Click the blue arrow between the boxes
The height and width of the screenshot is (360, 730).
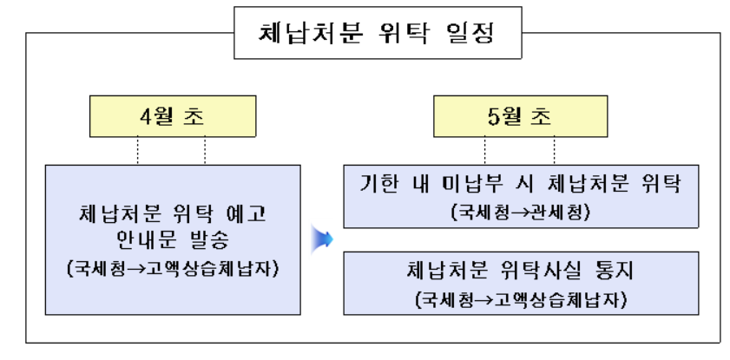322,239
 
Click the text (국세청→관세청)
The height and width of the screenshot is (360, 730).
519,212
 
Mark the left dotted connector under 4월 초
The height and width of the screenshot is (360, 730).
138,151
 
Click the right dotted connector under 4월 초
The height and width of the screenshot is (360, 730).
205,151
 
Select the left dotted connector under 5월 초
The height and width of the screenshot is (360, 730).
484,151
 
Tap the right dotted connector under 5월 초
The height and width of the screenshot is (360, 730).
554,151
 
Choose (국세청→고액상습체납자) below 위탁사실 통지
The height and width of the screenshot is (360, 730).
519,300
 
